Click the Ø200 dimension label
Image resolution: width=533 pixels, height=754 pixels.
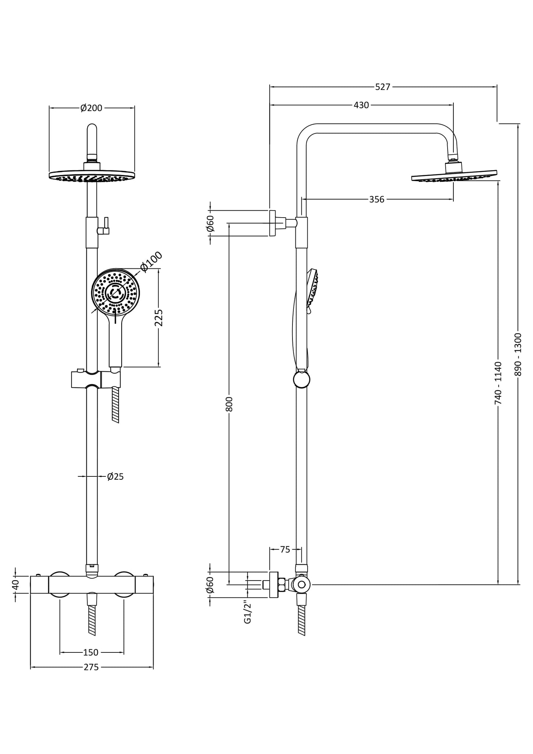tap(91, 108)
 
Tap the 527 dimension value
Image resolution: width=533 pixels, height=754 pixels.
tap(382, 87)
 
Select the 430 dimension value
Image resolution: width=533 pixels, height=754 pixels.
tap(361, 105)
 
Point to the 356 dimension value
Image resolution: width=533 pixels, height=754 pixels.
tap(376, 200)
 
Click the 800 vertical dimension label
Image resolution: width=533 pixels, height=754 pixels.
tap(229, 404)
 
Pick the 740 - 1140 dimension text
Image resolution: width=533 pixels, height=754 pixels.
tap(498, 383)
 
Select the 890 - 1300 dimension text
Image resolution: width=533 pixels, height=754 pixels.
tap(518, 354)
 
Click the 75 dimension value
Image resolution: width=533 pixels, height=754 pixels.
tap(285, 550)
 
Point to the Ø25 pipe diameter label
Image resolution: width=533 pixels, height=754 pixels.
tap(115, 477)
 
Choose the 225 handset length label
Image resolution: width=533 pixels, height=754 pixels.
tap(159, 318)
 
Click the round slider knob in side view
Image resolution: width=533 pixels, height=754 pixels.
tap(301, 380)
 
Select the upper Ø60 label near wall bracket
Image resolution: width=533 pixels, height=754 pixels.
tap(210, 223)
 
